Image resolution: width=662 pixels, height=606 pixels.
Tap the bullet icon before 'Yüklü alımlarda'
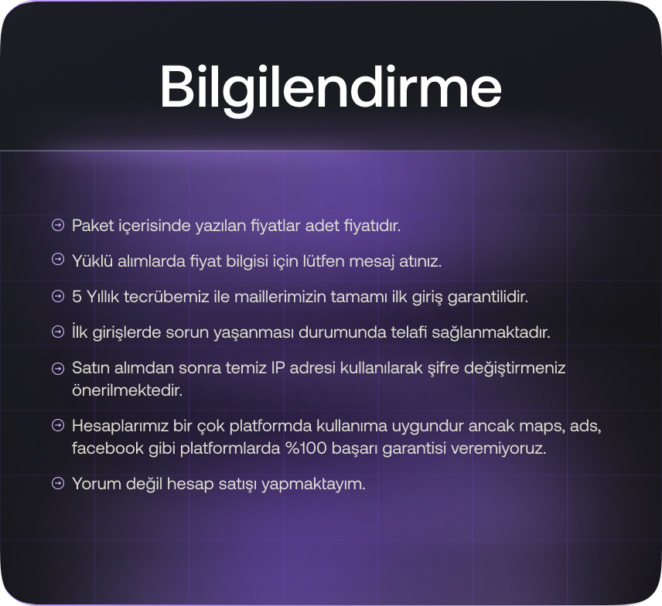pos(58,259)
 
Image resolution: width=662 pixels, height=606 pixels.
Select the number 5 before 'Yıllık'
pos(77,297)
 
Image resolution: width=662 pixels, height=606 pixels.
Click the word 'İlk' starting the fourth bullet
pos(80,332)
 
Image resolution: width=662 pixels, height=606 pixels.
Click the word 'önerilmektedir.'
pos(127,390)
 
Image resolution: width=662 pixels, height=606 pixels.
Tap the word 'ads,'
pos(585,426)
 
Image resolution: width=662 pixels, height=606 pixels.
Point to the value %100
pos(306,448)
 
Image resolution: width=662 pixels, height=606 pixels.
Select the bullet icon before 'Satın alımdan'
pos(58,369)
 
